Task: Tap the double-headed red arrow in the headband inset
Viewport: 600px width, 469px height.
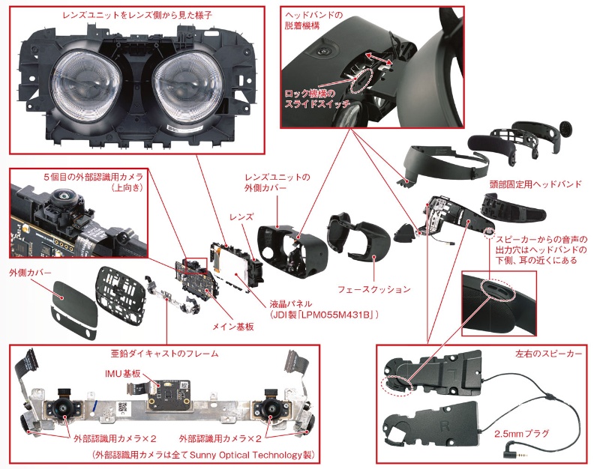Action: (381, 60)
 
